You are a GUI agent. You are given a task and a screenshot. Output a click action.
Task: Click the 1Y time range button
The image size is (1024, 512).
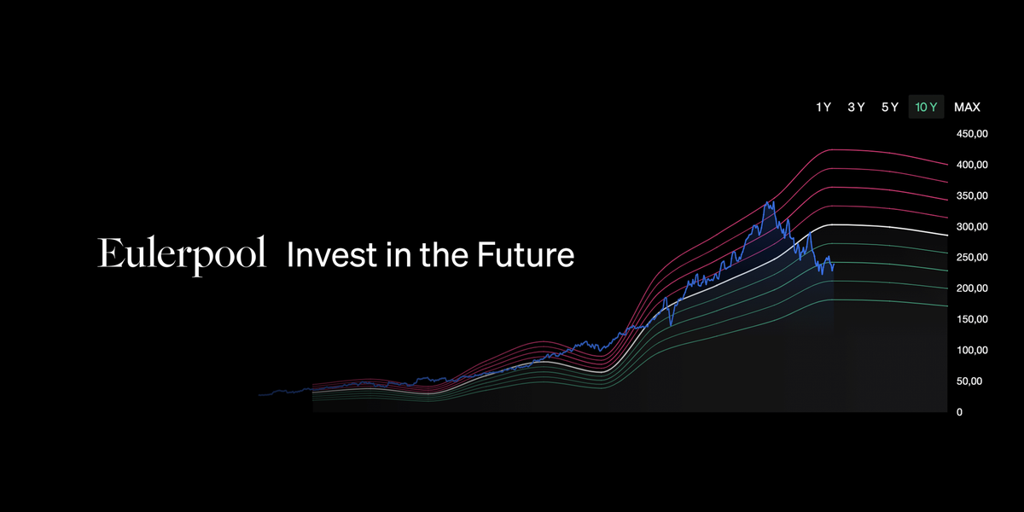coord(823,107)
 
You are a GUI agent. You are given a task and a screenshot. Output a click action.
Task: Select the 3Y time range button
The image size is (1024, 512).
coord(856,107)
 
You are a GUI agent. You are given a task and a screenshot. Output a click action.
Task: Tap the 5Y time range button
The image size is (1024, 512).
coord(889,107)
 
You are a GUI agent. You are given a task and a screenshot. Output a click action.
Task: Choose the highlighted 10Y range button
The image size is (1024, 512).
coord(926,107)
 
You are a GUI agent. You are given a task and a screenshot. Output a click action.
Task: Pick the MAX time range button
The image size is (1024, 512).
coord(967,107)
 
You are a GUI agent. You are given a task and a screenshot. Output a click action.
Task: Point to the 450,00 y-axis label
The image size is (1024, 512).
coord(972,134)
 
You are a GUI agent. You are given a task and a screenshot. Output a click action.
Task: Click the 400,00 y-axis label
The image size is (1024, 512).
coord(972,165)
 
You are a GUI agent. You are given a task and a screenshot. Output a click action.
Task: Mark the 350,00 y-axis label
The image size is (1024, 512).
coord(972,195)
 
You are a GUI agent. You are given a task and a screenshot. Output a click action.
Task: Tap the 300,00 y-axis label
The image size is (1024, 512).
coord(972,227)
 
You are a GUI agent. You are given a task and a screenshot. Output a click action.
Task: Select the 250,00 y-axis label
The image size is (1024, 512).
coord(972,258)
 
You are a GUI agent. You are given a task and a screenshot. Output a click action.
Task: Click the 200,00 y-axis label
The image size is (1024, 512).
coord(972,288)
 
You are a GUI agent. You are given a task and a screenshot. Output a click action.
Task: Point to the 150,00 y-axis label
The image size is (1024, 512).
coord(972,319)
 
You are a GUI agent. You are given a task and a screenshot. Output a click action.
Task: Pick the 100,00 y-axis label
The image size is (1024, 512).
coord(972,350)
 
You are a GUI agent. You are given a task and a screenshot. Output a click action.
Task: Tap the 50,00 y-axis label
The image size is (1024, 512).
coord(969,381)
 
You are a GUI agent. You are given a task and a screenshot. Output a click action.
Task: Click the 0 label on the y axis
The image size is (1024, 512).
coord(959,412)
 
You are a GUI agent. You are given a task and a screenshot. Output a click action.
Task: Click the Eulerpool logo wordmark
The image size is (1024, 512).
coord(182,255)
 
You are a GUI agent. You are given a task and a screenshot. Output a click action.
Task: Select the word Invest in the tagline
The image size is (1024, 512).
coord(332,254)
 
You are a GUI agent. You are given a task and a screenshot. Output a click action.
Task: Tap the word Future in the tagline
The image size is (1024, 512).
coord(526,254)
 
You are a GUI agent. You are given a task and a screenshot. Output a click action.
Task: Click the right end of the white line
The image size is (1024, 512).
coord(947,236)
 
